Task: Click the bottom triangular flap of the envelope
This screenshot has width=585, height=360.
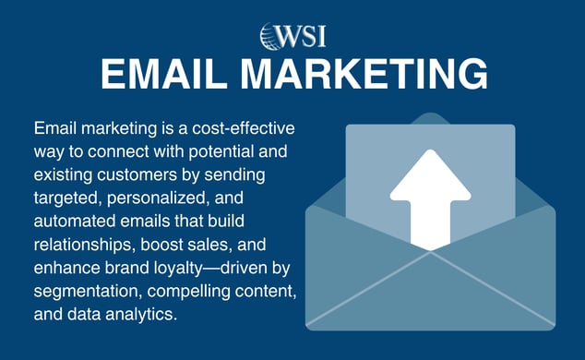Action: (430, 300)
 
